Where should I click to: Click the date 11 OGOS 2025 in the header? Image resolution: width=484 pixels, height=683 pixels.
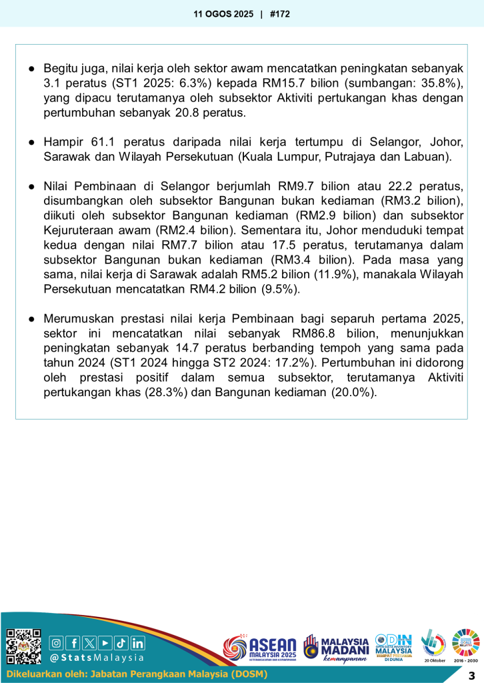click(x=223, y=13)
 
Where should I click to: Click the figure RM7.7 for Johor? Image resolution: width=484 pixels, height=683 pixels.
click(x=183, y=245)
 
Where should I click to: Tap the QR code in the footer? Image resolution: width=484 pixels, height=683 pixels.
click(x=23, y=646)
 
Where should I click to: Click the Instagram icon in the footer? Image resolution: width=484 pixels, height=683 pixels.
click(x=57, y=643)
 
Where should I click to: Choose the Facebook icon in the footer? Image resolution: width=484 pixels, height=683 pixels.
click(x=73, y=643)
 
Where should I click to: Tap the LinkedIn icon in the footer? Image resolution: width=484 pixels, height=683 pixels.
click(x=137, y=643)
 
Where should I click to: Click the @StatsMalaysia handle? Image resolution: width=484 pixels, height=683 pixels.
click(x=97, y=658)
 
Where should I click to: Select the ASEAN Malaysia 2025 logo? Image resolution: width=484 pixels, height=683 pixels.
click(x=260, y=648)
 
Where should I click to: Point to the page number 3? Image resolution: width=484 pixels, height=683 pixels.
click(x=471, y=674)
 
